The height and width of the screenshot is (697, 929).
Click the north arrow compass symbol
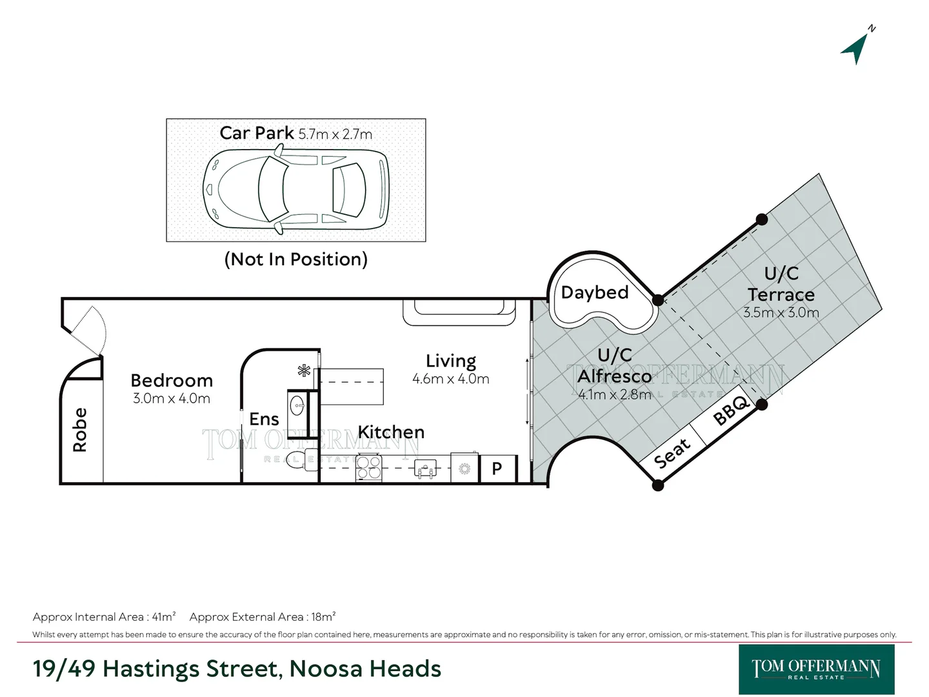(x=856, y=48)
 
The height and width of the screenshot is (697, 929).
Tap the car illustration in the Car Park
(x=296, y=188)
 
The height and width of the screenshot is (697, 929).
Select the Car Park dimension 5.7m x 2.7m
(x=335, y=134)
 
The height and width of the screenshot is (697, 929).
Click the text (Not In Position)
(x=295, y=259)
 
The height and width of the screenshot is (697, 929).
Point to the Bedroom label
(x=172, y=380)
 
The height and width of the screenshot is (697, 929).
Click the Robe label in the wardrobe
(x=80, y=430)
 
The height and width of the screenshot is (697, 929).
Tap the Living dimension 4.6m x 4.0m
(x=450, y=379)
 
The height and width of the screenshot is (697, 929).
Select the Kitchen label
(x=391, y=432)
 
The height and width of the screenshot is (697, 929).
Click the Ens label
(x=264, y=419)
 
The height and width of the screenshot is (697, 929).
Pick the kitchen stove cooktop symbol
(x=369, y=468)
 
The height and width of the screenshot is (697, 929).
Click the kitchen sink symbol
(x=425, y=469)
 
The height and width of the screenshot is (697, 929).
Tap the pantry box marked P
(x=497, y=469)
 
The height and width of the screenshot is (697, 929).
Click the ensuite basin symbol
(x=297, y=406)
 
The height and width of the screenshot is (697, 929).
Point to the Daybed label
(x=595, y=292)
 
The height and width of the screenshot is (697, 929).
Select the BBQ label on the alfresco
(x=731, y=410)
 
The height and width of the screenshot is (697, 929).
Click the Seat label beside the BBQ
(x=672, y=453)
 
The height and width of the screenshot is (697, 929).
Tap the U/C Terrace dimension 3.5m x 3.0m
(x=781, y=312)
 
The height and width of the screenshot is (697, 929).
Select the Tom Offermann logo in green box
(x=816, y=669)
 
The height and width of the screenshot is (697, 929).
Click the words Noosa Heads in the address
(x=365, y=669)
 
